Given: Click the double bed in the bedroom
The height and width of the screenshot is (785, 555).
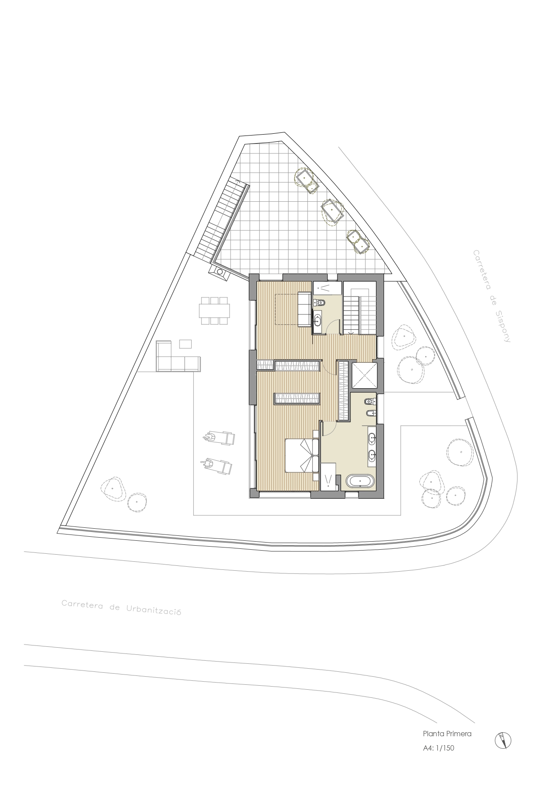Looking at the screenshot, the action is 303,455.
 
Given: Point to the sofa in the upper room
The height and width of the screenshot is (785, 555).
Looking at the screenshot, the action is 305,309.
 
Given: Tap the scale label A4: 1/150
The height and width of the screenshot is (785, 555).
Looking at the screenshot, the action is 439,747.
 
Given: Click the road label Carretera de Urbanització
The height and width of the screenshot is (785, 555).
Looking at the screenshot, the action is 121,608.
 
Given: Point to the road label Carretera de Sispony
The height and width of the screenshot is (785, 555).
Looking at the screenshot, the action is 492,296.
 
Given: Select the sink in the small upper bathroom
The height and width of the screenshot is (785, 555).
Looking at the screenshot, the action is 318,320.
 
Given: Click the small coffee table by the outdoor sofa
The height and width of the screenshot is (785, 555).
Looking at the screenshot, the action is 185,344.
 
